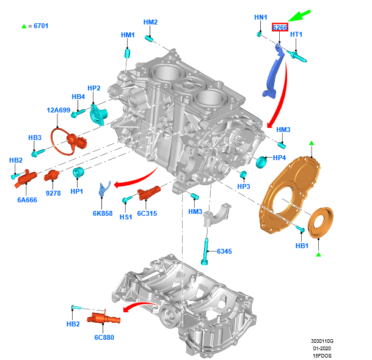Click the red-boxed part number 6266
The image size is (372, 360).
pyautogui.click(x=280, y=28)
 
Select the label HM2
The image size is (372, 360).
pyautogui.click(x=150, y=23)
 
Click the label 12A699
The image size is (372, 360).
pyautogui.click(x=59, y=111)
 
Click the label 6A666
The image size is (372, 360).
pyautogui.click(x=27, y=200)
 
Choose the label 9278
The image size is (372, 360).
pyautogui.click(x=54, y=193)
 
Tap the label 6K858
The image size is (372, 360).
pyautogui.click(x=103, y=213)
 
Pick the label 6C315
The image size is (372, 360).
pyautogui.click(x=147, y=213)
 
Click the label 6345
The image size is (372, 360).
pyautogui.click(x=225, y=251)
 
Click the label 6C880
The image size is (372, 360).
pyautogui.click(x=104, y=337)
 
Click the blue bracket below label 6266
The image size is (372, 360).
pyautogui.click(x=274, y=70)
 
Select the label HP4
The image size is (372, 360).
pyautogui.click(x=280, y=158)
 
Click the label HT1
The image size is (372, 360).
pyautogui.click(x=296, y=34)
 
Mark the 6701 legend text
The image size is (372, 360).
pyautogui.click(x=38, y=26)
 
